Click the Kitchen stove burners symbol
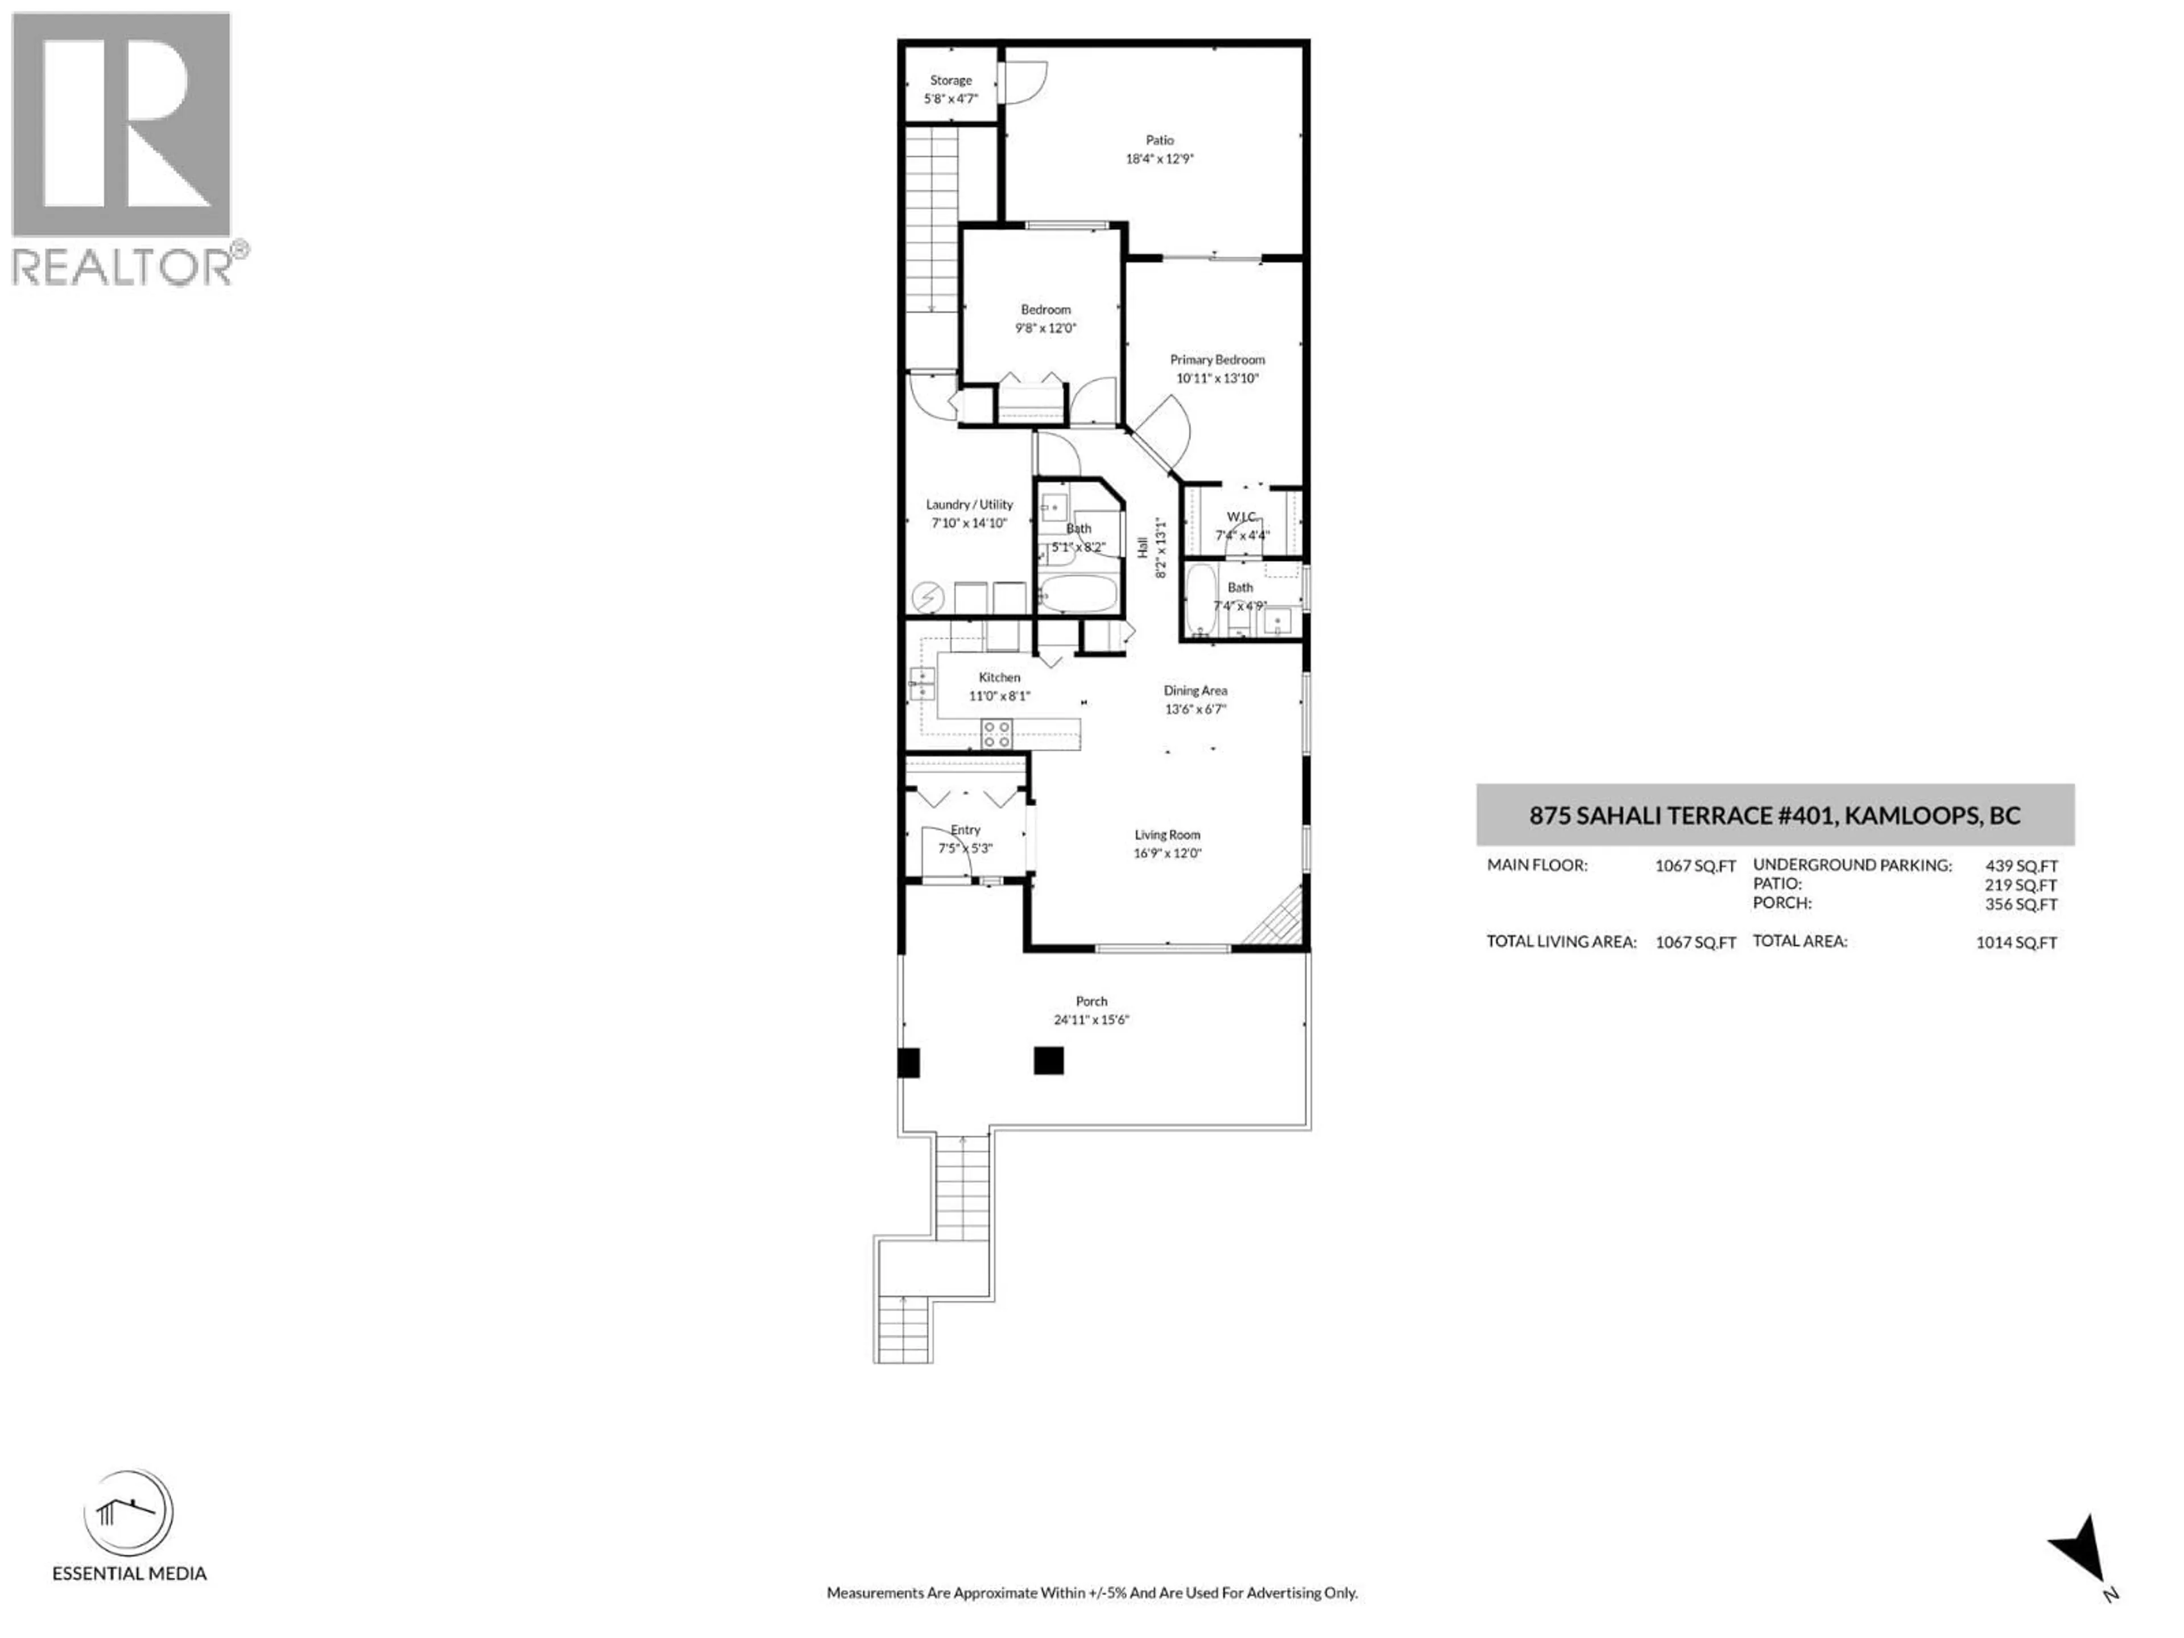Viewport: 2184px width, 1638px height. (x=996, y=734)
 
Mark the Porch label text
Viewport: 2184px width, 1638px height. (x=1091, y=1001)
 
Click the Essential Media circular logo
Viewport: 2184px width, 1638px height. (x=129, y=1513)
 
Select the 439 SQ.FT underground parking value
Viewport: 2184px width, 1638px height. (x=2021, y=866)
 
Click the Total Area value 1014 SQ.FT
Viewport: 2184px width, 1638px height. (x=2016, y=943)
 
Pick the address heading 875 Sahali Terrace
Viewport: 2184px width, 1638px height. (x=1774, y=816)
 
